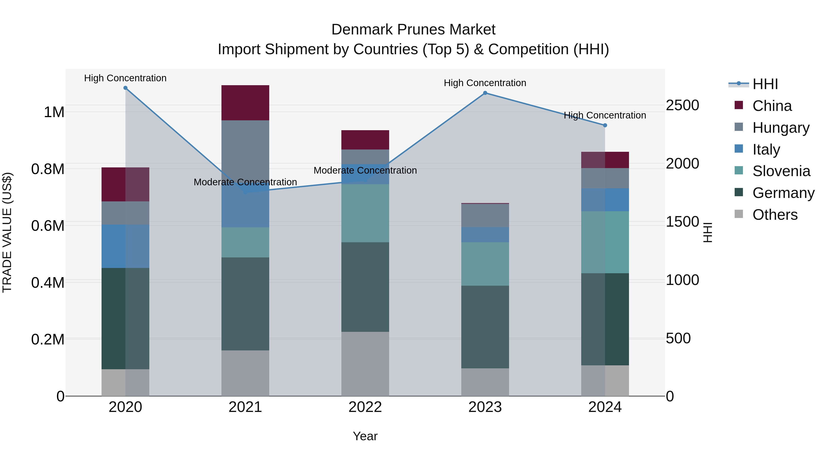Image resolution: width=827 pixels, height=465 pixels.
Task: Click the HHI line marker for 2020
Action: (125, 88)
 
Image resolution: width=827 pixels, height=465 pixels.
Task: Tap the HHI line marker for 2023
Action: (485, 93)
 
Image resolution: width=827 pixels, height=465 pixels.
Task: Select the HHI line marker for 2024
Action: (605, 125)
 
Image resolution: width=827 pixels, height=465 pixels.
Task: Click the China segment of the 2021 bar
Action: (245, 103)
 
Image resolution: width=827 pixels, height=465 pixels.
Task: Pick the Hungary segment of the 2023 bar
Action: (485, 215)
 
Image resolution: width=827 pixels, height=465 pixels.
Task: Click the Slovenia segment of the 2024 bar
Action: (605, 242)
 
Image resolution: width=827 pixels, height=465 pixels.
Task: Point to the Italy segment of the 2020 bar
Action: (125, 246)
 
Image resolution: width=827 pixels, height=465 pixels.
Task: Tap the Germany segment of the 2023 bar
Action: (485, 327)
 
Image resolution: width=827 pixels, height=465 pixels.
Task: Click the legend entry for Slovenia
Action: (781, 171)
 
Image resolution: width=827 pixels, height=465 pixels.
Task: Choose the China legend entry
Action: (772, 106)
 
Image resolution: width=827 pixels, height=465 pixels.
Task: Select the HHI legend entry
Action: (765, 84)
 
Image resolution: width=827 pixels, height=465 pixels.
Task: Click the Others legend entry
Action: (775, 215)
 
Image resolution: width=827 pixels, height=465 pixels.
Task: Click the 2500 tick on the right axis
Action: (683, 105)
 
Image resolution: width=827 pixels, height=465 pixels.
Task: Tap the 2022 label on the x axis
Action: (365, 407)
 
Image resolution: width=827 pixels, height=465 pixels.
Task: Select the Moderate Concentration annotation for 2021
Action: (245, 182)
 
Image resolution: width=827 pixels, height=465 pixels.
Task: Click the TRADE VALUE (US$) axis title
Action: (7, 232)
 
